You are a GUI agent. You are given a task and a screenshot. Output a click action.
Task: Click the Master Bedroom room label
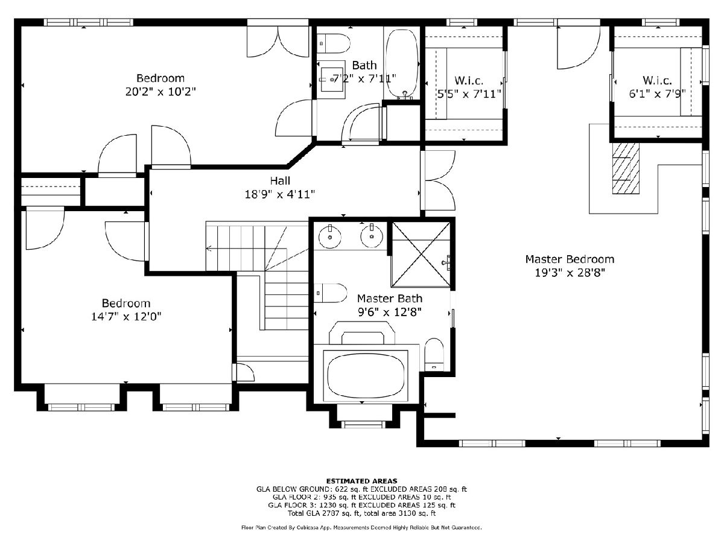570,259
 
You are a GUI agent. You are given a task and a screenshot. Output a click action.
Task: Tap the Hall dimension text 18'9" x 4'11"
280,194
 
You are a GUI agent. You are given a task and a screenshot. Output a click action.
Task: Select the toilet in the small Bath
333,43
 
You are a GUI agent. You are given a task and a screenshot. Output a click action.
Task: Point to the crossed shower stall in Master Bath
421,254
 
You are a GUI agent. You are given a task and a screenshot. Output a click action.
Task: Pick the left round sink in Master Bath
329,236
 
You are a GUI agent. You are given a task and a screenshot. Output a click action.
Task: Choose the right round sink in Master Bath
372,235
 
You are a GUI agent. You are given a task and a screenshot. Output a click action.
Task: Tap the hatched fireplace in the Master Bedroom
626,168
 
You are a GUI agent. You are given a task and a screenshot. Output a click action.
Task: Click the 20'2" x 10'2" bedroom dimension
160,91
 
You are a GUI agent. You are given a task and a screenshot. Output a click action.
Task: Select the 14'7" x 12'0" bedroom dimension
126,317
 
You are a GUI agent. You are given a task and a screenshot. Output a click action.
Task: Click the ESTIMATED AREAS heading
361,481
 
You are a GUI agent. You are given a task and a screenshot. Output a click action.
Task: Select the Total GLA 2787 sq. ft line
361,513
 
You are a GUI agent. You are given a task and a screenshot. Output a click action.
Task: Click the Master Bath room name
390,299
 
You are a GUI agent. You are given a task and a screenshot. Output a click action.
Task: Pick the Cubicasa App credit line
361,527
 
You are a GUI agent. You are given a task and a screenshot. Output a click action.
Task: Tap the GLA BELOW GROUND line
361,489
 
